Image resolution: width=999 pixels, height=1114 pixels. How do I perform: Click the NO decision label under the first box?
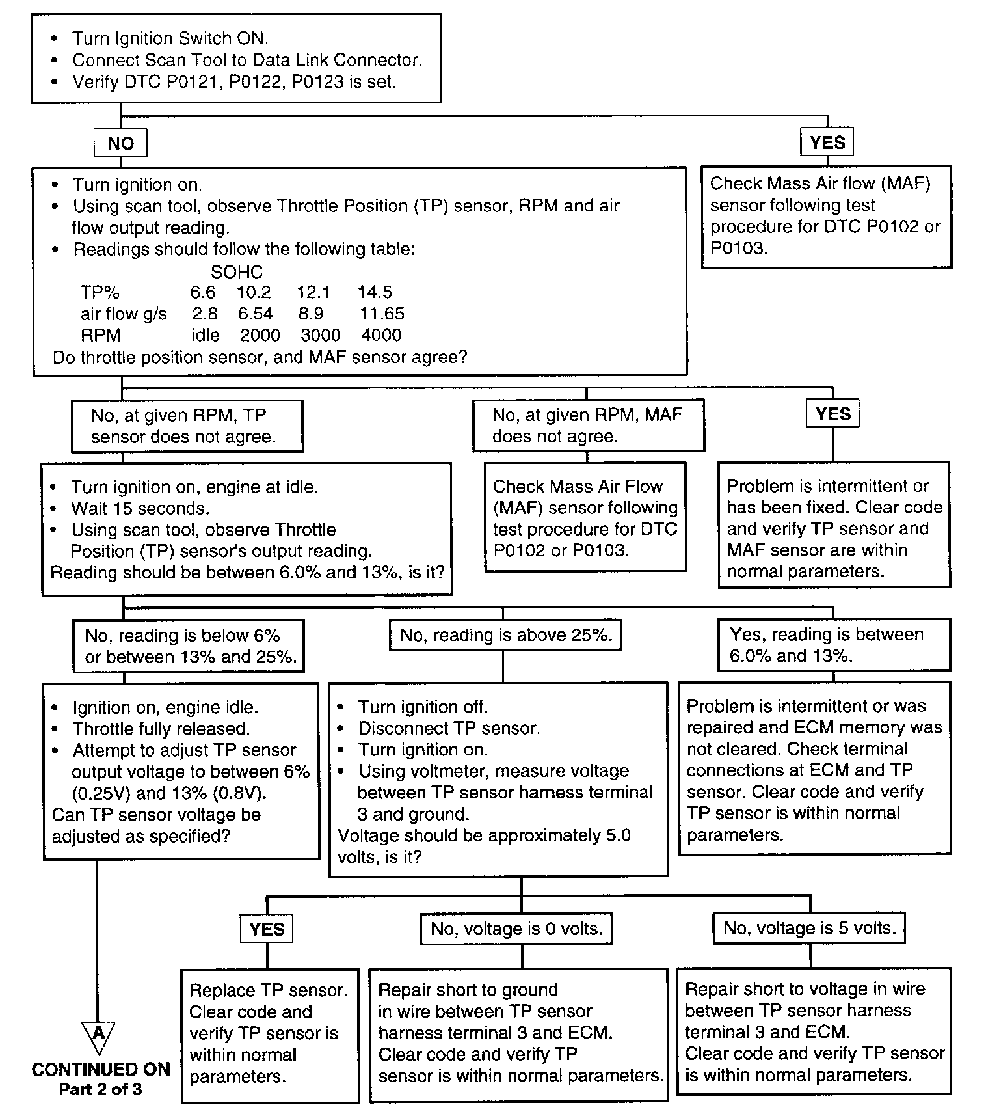click(x=120, y=143)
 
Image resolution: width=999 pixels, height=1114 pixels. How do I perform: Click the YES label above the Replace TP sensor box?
click(x=267, y=929)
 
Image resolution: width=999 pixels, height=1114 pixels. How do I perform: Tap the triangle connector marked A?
click(x=98, y=1035)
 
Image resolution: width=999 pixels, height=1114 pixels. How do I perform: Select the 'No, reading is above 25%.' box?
click(x=505, y=635)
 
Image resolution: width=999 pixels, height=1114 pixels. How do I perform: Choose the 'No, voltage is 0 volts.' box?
click(x=516, y=929)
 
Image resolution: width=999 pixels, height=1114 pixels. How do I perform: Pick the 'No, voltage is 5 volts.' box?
click(x=809, y=927)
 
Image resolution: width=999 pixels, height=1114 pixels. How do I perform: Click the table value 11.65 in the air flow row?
click(x=382, y=314)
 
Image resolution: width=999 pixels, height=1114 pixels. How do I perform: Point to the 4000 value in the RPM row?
click(x=381, y=335)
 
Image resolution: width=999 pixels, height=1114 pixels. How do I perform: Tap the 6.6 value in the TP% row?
click(x=203, y=292)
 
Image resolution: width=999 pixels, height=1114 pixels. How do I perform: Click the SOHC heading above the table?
click(x=237, y=272)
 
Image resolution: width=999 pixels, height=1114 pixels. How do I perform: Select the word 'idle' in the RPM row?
click(x=206, y=335)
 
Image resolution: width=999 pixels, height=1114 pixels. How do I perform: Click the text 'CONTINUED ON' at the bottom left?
click(x=101, y=1070)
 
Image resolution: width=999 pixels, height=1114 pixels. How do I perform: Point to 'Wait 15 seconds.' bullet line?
click(x=140, y=508)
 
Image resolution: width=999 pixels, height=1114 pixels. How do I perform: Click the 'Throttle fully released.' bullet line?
click(x=161, y=729)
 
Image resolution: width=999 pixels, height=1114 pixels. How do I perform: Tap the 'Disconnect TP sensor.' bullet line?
click(x=449, y=728)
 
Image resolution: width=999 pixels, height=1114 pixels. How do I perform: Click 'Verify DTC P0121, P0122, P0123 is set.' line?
click(x=233, y=82)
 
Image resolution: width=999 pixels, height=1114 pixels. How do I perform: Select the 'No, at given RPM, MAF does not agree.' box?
click(x=588, y=426)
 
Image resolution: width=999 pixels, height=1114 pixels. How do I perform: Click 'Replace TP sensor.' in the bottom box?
click(x=268, y=990)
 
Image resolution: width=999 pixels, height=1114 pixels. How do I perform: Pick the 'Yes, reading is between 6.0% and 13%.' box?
click(x=833, y=645)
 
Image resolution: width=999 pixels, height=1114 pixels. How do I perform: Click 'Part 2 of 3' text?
click(x=100, y=1089)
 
